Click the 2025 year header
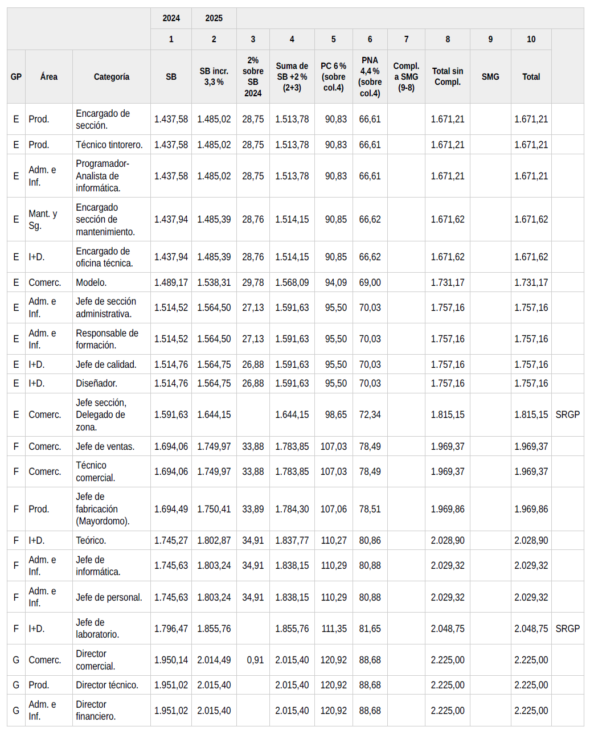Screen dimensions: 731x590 [x=214, y=18]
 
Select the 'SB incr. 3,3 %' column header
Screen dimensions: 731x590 [x=214, y=77]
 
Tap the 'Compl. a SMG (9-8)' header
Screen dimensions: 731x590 [x=406, y=77]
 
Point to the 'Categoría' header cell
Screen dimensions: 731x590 [x=112, y=77]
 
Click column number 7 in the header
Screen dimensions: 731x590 [x=406, y=39]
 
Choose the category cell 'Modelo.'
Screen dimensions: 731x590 [x=91, y=282]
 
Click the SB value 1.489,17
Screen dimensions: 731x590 [x=171, y=282]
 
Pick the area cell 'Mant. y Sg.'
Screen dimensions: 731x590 [x=43, y=220]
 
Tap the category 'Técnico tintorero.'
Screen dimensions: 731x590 [x=109, y=145]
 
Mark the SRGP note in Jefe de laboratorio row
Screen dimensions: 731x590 [x=567, y=629]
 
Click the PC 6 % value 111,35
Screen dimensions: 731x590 [x=334, y=629]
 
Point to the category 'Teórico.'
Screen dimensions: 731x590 [x=91, y=540]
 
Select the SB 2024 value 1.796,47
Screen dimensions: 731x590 [x=171, y=629]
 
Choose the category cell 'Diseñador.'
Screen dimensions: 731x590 [x=97, y=383]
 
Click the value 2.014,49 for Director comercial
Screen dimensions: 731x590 [x=214, y=660]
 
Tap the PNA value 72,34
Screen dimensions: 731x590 [x=370, y=414]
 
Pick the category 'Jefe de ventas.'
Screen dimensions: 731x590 [x=105, y=446]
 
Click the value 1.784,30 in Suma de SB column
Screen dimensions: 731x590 [x=292, y=509]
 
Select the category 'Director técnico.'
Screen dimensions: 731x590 [x=107, y=685]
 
